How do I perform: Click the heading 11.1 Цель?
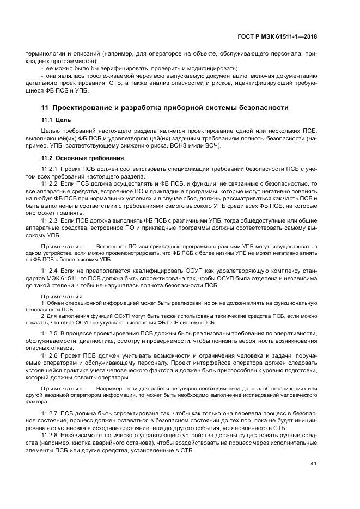point(54,119)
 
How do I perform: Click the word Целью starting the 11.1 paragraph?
point(51,131)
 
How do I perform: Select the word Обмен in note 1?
point(54,302)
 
